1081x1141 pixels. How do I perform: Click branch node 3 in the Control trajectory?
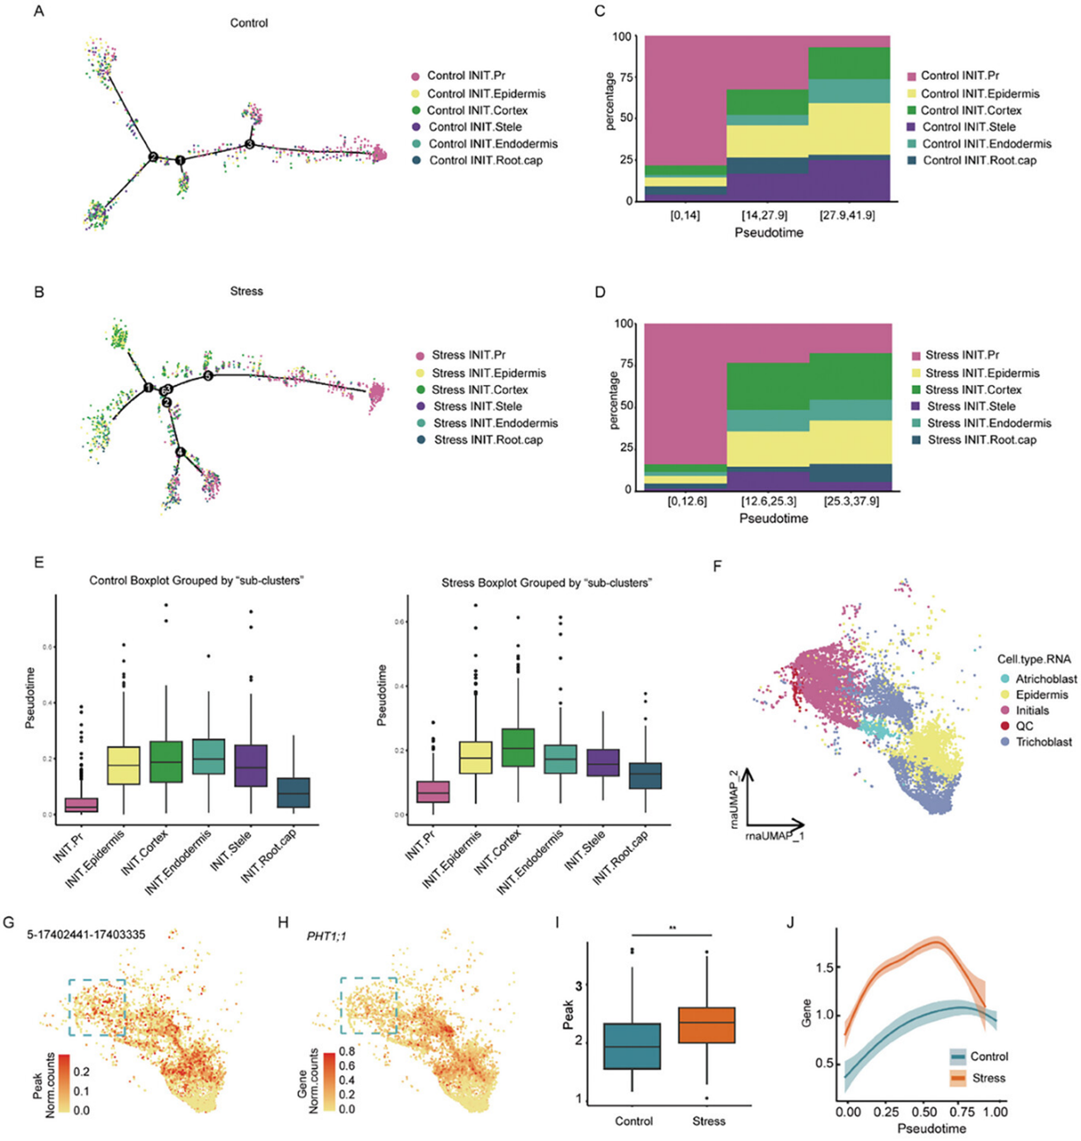250,143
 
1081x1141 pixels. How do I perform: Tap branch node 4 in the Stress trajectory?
180,452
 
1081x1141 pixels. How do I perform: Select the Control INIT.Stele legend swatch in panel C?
911,127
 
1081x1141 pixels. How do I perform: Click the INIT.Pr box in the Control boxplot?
77,804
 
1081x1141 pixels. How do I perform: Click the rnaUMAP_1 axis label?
774,836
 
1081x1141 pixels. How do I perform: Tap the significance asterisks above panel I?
672,927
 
